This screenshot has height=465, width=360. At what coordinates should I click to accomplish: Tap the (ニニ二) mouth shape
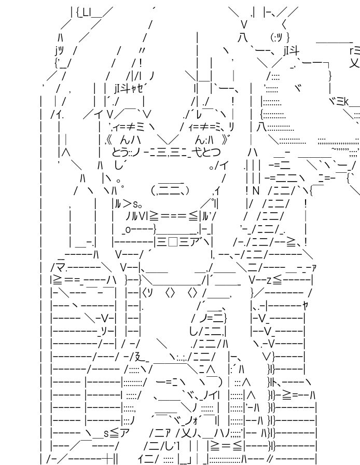click(x=170, y=190)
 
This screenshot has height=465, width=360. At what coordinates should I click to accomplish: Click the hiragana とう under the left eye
click(x=120, y=152)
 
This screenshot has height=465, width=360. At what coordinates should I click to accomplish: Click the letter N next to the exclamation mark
click(x=255, y=191)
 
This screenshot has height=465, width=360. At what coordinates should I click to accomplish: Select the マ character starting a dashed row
click(x=59, y=267)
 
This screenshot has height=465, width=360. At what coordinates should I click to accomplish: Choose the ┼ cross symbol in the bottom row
click(x=105, y=458)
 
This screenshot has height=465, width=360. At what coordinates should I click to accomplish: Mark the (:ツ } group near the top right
click(x=280, y=37)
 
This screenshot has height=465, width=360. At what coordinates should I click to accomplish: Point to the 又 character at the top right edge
click(x=354, y=63)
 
